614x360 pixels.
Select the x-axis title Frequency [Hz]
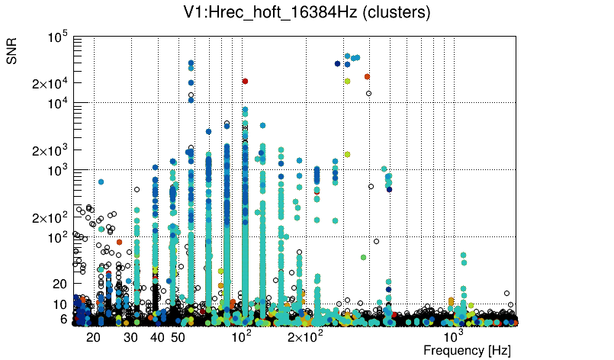point(467,350)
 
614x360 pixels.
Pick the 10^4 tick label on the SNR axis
point(59,104)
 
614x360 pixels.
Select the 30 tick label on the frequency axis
point(131,336)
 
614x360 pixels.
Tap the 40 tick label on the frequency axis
point(157,336)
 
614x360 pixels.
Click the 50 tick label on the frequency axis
point(177,336)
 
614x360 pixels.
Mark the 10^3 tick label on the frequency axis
point(455,335)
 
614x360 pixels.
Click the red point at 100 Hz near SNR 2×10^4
point(245,81)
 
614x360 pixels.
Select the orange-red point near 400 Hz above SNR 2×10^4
point(367,76)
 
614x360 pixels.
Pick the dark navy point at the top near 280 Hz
point(337,63)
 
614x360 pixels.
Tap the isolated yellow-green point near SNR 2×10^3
point(347,154)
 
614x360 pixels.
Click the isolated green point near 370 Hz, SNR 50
point(363,257)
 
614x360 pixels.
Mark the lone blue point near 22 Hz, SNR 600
point(101,182)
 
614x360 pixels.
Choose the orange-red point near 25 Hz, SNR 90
point(119,242)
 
